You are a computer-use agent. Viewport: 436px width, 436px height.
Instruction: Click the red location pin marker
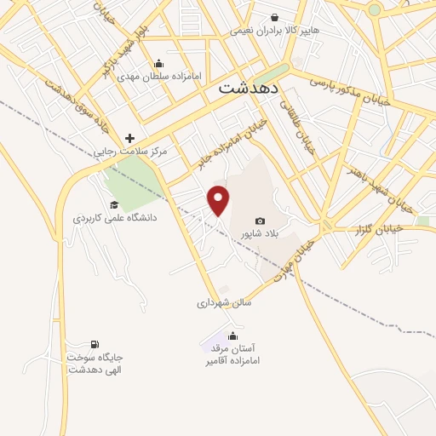pos(219,200)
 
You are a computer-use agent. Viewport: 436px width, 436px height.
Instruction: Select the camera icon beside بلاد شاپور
pos(260,221)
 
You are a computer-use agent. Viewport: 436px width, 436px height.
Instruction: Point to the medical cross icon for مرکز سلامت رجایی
pos(129,138)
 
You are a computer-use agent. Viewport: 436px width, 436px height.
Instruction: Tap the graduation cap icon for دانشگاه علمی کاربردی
pos(114,204)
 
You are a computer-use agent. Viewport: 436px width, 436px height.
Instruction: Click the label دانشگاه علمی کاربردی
pos(116,218)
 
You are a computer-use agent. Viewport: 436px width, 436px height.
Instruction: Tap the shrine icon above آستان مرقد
pos(232,336)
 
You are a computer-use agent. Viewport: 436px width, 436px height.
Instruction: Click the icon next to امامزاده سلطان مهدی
pos(158,64)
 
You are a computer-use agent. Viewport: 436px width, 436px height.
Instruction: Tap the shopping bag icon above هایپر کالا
pos(274,16)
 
